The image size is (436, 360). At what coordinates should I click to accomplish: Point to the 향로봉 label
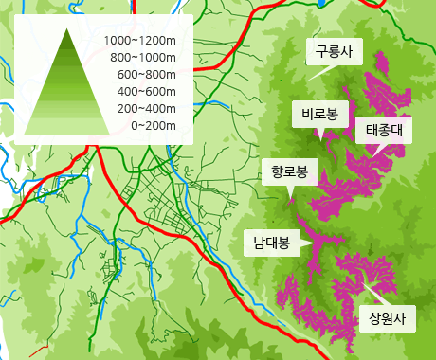pos(289,173)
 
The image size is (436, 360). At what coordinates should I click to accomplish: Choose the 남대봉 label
pos(270,242)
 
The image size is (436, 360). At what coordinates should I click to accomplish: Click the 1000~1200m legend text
pos(141,41)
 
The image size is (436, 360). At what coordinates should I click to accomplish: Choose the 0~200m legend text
pos(152,126)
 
